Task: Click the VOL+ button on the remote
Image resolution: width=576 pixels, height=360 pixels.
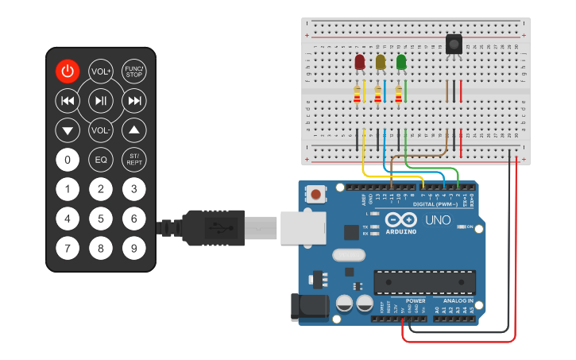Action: (101, 71)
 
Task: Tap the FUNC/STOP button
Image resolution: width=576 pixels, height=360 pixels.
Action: (134, 71)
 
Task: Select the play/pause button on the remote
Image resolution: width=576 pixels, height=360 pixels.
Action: (101, 100)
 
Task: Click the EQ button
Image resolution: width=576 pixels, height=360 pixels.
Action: (101, 160)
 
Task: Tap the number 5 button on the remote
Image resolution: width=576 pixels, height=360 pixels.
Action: (101, 219)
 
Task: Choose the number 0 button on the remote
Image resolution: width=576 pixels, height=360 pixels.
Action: (68, 160)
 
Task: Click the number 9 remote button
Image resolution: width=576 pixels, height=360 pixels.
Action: (134, 248)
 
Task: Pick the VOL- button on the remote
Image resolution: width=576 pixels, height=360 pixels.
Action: (101, 130)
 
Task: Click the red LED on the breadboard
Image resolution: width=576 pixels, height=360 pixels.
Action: (360, 62)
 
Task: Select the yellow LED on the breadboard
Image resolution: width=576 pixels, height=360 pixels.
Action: (381, 62)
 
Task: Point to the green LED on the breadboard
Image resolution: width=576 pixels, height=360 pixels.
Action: (401, 62)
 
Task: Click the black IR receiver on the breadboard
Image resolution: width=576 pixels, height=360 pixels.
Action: (454, 45)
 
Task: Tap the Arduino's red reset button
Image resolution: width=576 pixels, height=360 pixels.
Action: (317, 194)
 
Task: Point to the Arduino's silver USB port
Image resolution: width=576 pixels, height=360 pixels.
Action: (303, 228)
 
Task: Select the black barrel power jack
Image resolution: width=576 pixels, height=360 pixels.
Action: (311, 308)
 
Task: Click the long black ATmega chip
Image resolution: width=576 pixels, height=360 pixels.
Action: (425, 282)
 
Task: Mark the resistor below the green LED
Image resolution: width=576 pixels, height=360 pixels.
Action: (398, 95)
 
